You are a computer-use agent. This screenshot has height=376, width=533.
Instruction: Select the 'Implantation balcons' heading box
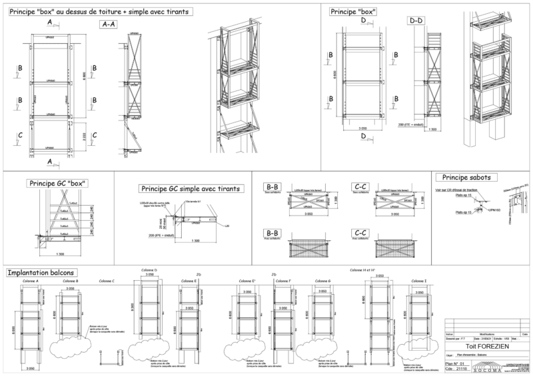[x=41, y=272]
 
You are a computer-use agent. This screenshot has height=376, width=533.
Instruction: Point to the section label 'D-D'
[x=417, y=21]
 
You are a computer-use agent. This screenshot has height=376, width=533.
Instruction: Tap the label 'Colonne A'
[x=30, y=281]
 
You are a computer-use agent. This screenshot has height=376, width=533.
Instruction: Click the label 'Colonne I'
[x=419, y=281]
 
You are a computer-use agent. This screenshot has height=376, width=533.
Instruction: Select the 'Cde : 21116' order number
[x=456, y=369]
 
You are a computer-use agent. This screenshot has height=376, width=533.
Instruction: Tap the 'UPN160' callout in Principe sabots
[x=494, y=210]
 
